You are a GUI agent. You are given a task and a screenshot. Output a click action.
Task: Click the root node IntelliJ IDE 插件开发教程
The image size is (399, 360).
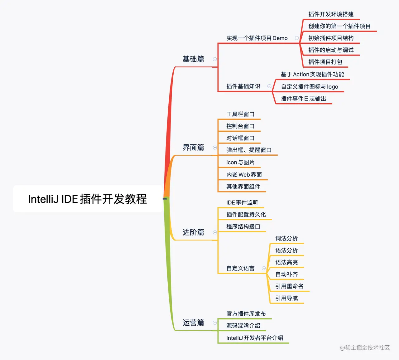(88, 199)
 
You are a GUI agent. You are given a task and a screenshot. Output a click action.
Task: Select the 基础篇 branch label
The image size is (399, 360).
(193, 59)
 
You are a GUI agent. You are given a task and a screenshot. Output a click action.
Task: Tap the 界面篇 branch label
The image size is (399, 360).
(193, 147)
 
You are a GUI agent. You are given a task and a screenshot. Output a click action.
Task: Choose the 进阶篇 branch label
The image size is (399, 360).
(193, 232)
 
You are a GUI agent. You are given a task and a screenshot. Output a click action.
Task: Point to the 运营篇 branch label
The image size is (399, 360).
(193, 323)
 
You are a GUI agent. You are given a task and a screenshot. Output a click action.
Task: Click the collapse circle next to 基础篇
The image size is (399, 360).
(215, 59)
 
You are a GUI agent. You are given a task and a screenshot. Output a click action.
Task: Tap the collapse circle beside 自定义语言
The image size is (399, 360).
(264, 268)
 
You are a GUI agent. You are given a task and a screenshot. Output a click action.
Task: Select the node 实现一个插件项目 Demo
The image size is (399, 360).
(257, 38)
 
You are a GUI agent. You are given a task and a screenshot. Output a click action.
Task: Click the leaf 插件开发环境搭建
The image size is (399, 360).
(331, 14)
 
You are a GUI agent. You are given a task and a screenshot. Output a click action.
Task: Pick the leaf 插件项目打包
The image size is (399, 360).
(325, 62)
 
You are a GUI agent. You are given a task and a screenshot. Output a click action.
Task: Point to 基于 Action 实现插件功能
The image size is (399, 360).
(312, 74)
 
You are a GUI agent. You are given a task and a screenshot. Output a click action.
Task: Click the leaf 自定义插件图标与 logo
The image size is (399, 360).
(309, 87)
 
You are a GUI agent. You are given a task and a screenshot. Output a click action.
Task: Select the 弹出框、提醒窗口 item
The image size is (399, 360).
(249, 150)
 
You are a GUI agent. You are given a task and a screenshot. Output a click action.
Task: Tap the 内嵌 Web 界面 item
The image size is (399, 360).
(244, 175)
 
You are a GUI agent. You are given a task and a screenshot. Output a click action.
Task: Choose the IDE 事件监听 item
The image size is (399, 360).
(242, 202)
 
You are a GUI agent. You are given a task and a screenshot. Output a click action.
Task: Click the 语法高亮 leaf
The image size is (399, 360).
(286, 262)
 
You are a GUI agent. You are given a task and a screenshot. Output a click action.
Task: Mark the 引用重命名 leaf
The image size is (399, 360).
(289, 286)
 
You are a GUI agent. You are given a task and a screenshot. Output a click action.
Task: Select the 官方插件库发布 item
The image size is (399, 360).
(246, 314)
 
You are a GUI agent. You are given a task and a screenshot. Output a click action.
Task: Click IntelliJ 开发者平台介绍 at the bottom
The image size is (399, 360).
(255, 338)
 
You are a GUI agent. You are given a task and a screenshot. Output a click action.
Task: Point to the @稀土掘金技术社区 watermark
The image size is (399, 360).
(365, 348)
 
